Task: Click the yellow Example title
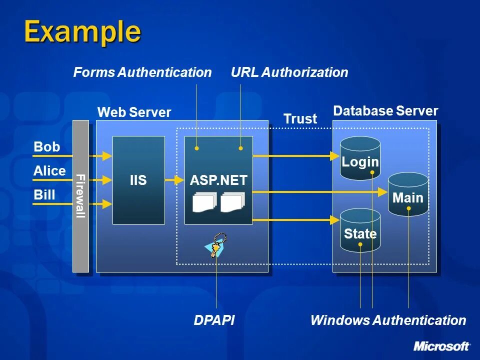pos(82,32)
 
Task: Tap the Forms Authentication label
pos(142,72)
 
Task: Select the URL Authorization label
pos(289,72)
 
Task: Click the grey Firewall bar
pos(81,196)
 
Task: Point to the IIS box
pos(138,180)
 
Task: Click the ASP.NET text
pos(218,180)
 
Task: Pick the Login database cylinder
pos(360,158)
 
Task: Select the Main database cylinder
pos(408,194)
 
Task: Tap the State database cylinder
pos(360,230)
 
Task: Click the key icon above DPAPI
pos(216,245)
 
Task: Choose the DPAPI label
pos(214,320)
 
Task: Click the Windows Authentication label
pos(388,320)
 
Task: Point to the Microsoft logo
pos(441,346)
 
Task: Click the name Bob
pos(46,146)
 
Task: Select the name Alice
pos(49,171)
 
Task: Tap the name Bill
pos(44,194)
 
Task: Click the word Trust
pos(300,119)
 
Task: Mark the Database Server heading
pos(385,111)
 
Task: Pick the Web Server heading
pos(134,112)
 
